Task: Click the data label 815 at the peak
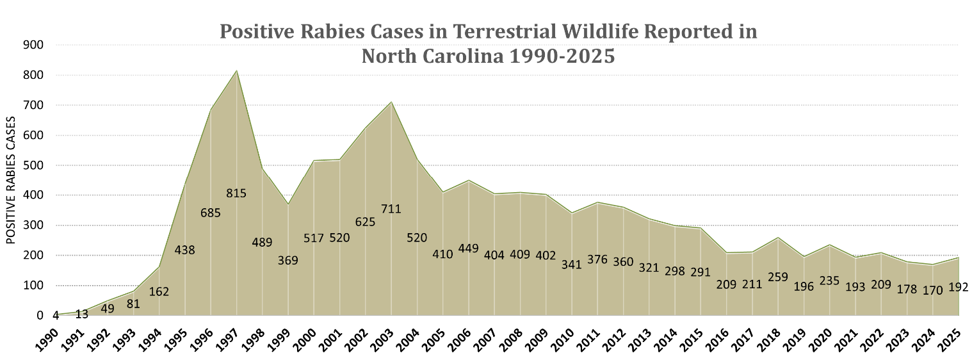pos(236,193)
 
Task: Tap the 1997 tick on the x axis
pos(230,336)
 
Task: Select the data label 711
pos(392,209)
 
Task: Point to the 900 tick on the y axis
pos(34,45)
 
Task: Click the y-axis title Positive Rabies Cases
pos(11,181)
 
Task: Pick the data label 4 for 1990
pos(56,315)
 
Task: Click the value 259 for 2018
pos(777,277)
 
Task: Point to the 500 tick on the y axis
pos(34,165)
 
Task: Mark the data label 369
pos(288,260)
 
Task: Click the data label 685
pos(210,213)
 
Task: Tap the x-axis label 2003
pos(384,336)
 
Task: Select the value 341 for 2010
pos(571,264)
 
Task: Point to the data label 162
pos(159,291)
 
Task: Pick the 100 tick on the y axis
pos(34,286)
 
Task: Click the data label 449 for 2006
pos(469,248)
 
